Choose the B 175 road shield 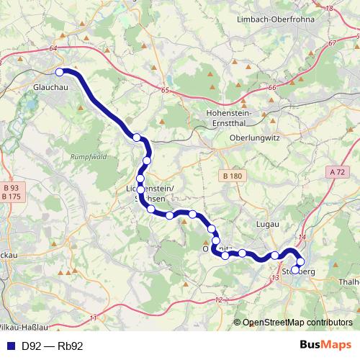click(12, 197)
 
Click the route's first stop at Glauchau click(60, 71)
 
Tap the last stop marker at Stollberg click(296, 271)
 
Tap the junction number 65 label click(166, 90)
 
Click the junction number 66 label click(271, 88)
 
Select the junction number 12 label click(219, 300)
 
